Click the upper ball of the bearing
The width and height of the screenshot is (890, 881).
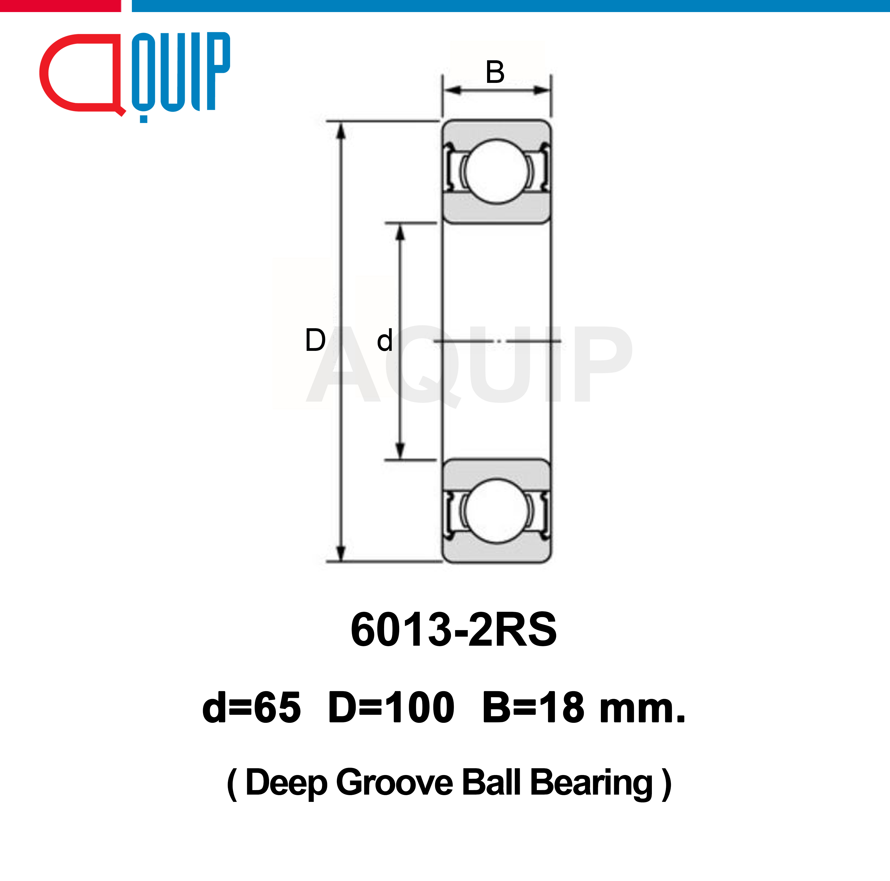coord(496,171)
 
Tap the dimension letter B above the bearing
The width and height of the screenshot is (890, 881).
coord(495,72)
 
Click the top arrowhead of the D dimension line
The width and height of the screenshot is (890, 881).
coord(341,131)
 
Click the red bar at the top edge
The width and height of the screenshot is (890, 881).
coord(60,6)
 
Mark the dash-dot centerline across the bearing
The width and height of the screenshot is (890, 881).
coord(498,341)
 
